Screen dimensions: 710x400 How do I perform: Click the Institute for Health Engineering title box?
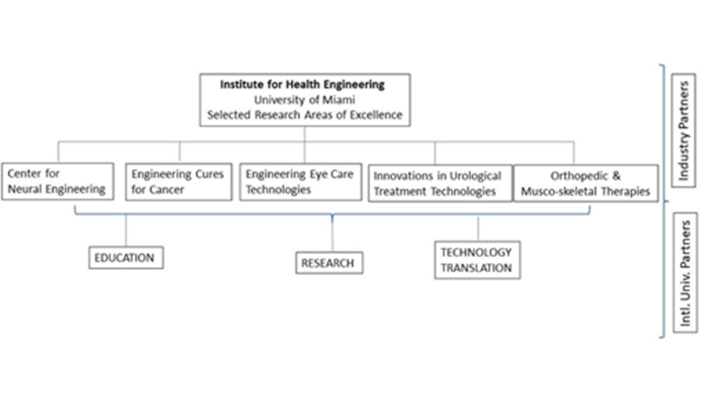click(304, 100)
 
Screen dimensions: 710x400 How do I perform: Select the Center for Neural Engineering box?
click(57, 181)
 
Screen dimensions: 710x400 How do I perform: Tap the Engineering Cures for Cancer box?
click(178, 182)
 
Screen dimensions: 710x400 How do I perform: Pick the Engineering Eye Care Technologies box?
click(301, 182)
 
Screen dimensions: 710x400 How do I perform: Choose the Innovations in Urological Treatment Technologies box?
click(440, 183)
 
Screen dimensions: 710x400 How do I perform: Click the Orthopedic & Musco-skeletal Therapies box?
click(586, 183)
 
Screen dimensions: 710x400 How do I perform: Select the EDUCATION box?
click(126, 258)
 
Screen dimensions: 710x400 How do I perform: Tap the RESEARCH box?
click(329, 262)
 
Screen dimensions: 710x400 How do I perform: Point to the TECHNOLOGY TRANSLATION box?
click(477, 260)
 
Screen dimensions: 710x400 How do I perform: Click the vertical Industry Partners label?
click(684, 131)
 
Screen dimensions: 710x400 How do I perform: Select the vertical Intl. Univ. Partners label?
click(685, 272)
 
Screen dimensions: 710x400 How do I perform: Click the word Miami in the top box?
click(338, 100)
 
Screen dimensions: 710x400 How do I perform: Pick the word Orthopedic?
click(579, 176)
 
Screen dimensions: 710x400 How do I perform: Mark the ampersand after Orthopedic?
click(616, 175)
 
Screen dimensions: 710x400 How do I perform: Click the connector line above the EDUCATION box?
click(126, 230)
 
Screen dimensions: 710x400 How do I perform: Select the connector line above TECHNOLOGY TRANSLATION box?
click(478, 228)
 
